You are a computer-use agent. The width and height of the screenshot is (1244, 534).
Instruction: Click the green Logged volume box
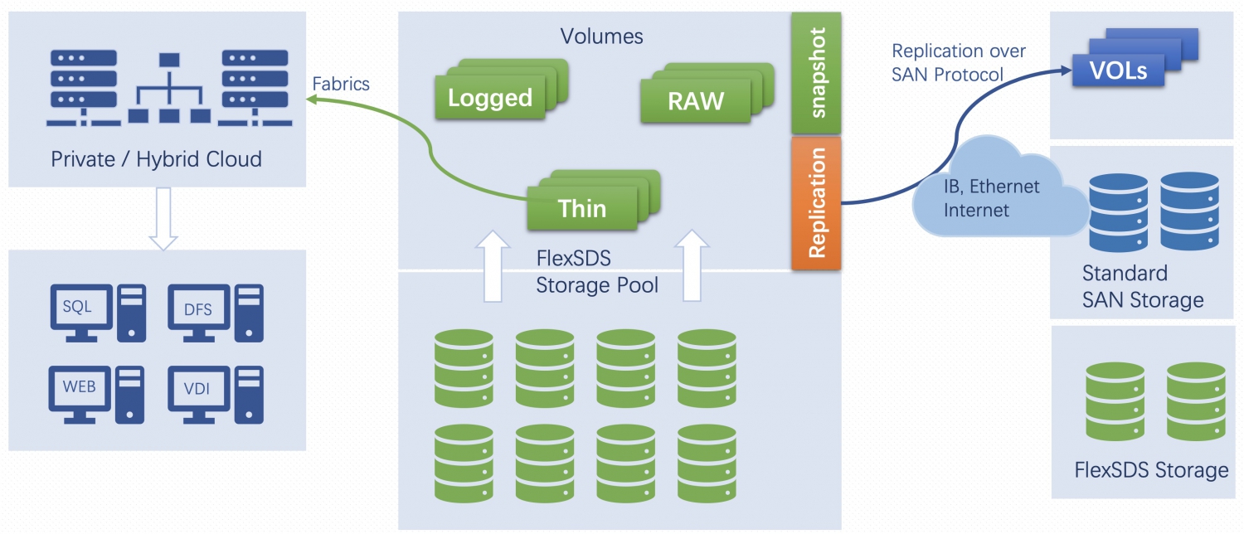click(x=489, y=98)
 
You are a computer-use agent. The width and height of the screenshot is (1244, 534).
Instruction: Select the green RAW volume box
click(x=696, y=100)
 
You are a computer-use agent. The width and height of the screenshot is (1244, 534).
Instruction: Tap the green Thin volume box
click(x=582, y=208)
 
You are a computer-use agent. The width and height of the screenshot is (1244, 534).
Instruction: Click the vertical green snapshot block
click(x=816, y=73)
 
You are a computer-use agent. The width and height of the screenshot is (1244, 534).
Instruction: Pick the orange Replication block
click(x=816, y=203)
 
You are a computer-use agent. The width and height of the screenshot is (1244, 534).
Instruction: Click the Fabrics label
click(x=340, y=84)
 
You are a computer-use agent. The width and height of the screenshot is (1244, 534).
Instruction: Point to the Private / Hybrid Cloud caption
click(x=156, y=158)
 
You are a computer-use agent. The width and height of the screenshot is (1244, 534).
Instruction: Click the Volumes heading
click(x=601, y=36)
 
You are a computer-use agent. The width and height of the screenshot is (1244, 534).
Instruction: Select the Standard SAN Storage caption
click(x=1142, y=286)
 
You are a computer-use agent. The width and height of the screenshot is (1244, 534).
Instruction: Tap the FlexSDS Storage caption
click(x=1151, y=471)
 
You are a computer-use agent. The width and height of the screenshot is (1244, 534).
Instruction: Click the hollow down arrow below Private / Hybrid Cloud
click(x=163, y=218)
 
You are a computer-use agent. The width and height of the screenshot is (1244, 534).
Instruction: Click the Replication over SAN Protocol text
click(x=959, y=63)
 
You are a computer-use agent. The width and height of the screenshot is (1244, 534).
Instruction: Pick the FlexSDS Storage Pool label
click(x=597, y=272)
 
